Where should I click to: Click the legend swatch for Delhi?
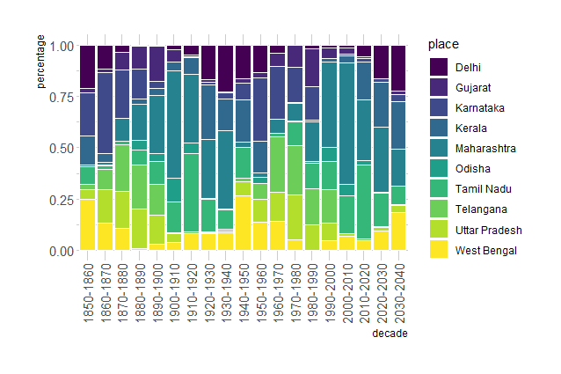[x=438, y=67]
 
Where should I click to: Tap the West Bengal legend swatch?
[x=438, y=250]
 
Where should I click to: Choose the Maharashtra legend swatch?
[x=438, y=148]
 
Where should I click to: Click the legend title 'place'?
[x=439, y=44]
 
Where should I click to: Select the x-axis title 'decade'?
[x=389, y=334]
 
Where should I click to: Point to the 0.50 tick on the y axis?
[x=61, y=148]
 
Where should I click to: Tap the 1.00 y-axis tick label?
[x=61, y=46]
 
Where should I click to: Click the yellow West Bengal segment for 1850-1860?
[x=87, y=224]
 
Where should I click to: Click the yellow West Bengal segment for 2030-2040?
[x=397, y=231]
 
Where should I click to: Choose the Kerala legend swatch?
[x=438, y=128]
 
